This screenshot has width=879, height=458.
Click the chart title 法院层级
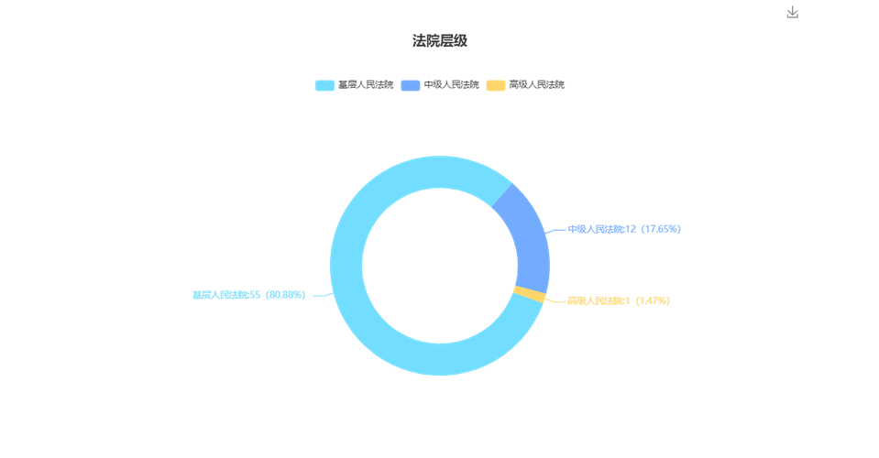tap(440, 41)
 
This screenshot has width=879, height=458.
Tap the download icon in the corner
tap(792, 12)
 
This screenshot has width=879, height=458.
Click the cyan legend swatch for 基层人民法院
tap(324, 85)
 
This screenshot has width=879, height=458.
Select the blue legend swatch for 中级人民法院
tap(411, 85)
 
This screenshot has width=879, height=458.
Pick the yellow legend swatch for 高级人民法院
tap(496, 85)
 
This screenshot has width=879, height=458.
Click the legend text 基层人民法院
tap(366, 84)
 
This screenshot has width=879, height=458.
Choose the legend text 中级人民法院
tap(451, 84)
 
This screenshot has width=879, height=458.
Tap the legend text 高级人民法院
tap(536, 84)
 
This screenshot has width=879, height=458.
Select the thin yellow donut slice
tap(530, 294)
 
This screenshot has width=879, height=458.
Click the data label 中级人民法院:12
tap(602, 229)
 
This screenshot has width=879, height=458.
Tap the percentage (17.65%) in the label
tap(660, 229)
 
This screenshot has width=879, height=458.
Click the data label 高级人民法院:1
tap(599, 300)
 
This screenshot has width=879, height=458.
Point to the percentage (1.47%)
tap(652, 300)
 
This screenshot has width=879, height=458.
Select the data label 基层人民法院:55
tap(226, 295)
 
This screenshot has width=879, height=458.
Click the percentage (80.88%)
tap(284, 295)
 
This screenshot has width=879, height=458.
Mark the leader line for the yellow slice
tap(555, 300)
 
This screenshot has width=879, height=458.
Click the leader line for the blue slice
tap(555, 230)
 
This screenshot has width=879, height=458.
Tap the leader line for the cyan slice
tap(324, 295)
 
